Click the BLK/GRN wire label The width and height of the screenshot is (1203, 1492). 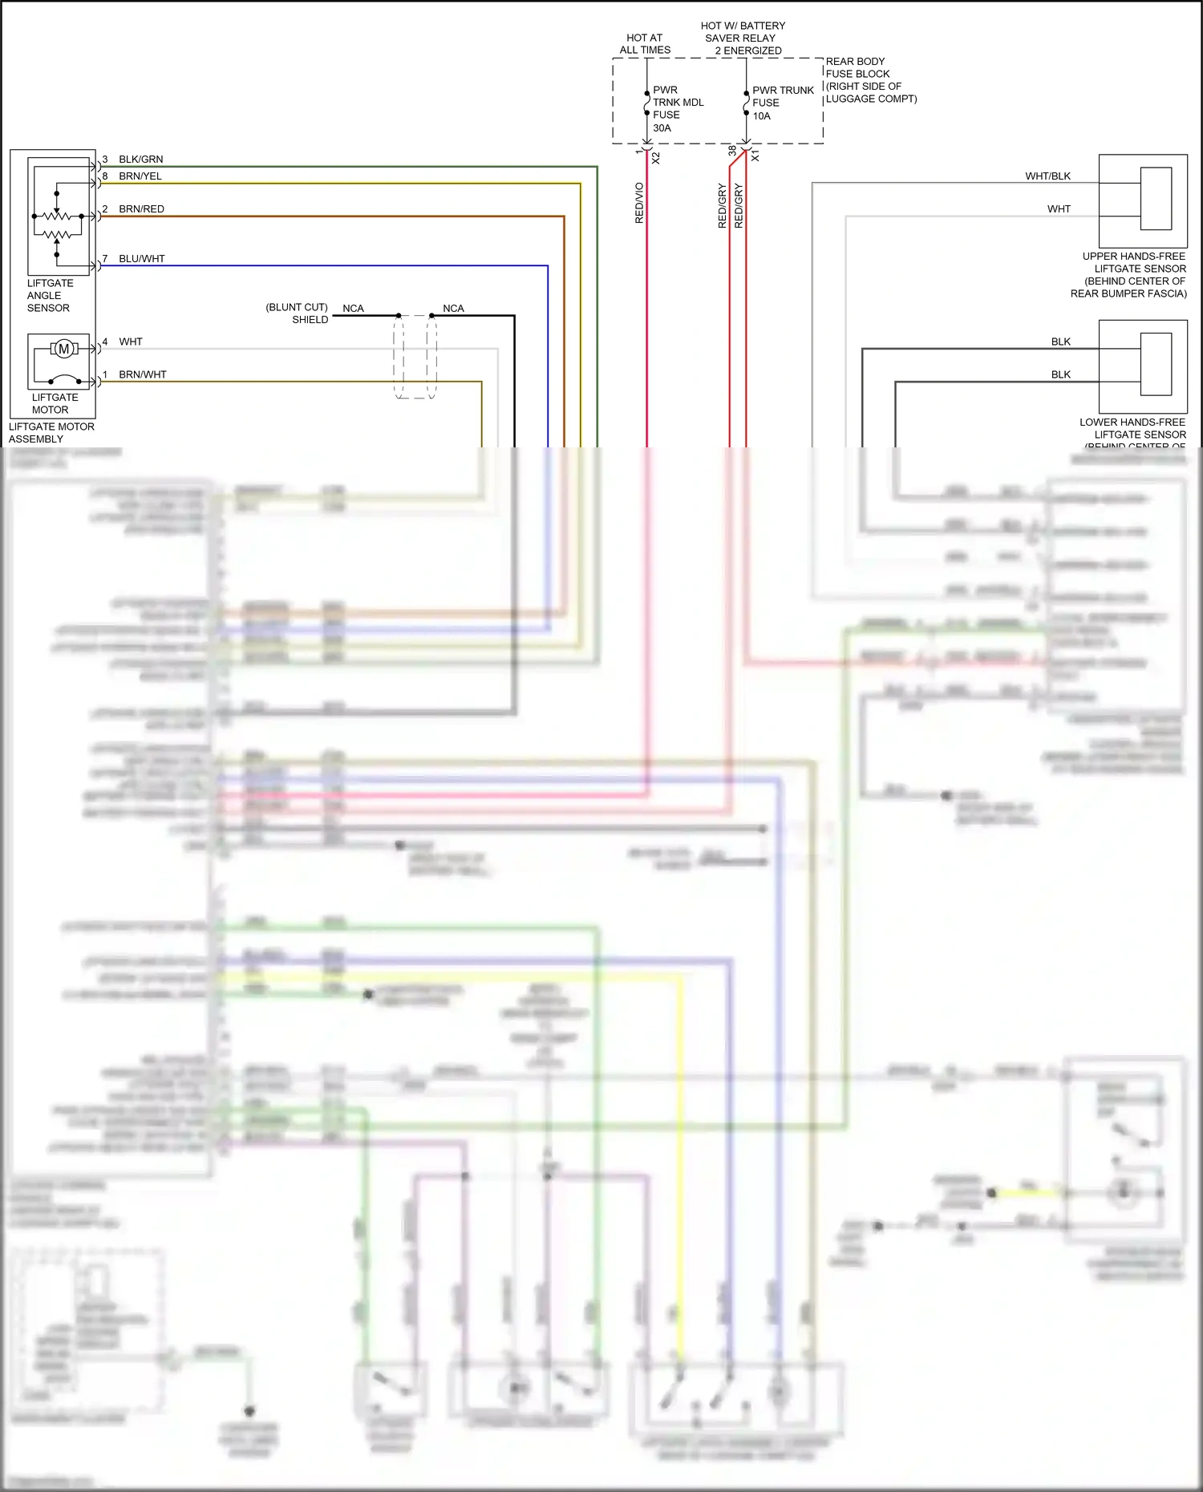[140, 160]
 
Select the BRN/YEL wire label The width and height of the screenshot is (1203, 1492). [140, 176]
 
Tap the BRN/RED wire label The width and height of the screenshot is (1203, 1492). [141, 209]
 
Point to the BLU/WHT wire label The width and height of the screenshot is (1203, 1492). [141, 259]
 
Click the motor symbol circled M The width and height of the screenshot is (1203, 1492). [64, 349]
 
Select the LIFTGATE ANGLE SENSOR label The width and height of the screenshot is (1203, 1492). [49, 296]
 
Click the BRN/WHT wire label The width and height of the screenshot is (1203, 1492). [142, 374]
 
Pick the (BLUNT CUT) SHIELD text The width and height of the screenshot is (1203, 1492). [298, 313]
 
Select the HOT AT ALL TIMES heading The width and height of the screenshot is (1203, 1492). [645, 44]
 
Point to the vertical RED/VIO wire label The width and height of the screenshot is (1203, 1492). [639, 203]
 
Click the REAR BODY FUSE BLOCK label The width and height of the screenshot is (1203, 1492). [870, 80]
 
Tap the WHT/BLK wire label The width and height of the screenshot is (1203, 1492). [1047, 176]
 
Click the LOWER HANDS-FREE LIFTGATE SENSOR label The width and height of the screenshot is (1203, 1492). [1132, 429]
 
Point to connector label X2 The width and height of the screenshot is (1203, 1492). [656, 158]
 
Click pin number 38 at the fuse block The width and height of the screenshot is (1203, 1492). [732, 151]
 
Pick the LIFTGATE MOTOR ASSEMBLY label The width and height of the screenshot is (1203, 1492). [51, 433]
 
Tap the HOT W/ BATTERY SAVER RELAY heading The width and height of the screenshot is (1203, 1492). [742, 38]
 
